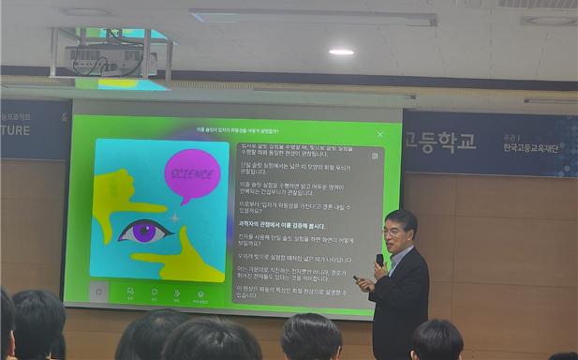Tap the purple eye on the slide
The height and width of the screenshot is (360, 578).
146,231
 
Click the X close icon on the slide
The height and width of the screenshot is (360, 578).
379,134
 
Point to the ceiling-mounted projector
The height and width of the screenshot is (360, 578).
110,59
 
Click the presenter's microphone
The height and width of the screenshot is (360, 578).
379,260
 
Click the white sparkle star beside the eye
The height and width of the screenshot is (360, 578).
174,217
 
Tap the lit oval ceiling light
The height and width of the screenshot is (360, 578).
341,52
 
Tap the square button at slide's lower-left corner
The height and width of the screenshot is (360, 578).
98,292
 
